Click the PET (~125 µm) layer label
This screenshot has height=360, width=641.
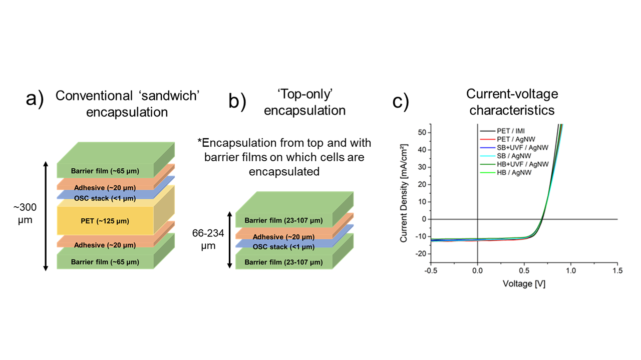105,221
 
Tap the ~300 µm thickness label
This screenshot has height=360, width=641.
25,213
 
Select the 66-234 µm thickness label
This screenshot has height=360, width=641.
208,239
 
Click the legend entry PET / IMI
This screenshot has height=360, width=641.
502,131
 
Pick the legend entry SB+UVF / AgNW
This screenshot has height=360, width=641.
514,148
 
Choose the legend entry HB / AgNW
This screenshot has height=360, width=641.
506,173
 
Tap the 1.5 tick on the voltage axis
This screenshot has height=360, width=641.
617,271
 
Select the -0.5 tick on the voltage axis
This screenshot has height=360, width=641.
431,271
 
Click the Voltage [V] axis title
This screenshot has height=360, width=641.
524,284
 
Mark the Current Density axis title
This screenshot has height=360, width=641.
404,193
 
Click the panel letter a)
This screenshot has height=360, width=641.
35,99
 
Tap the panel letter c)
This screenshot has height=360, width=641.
401,101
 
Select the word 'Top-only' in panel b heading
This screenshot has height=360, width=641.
304,94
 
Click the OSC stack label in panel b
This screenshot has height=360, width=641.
283,247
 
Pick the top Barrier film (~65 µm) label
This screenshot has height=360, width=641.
105,171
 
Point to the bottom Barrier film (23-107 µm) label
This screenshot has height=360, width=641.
283,262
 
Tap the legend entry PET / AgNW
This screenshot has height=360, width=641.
508,139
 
